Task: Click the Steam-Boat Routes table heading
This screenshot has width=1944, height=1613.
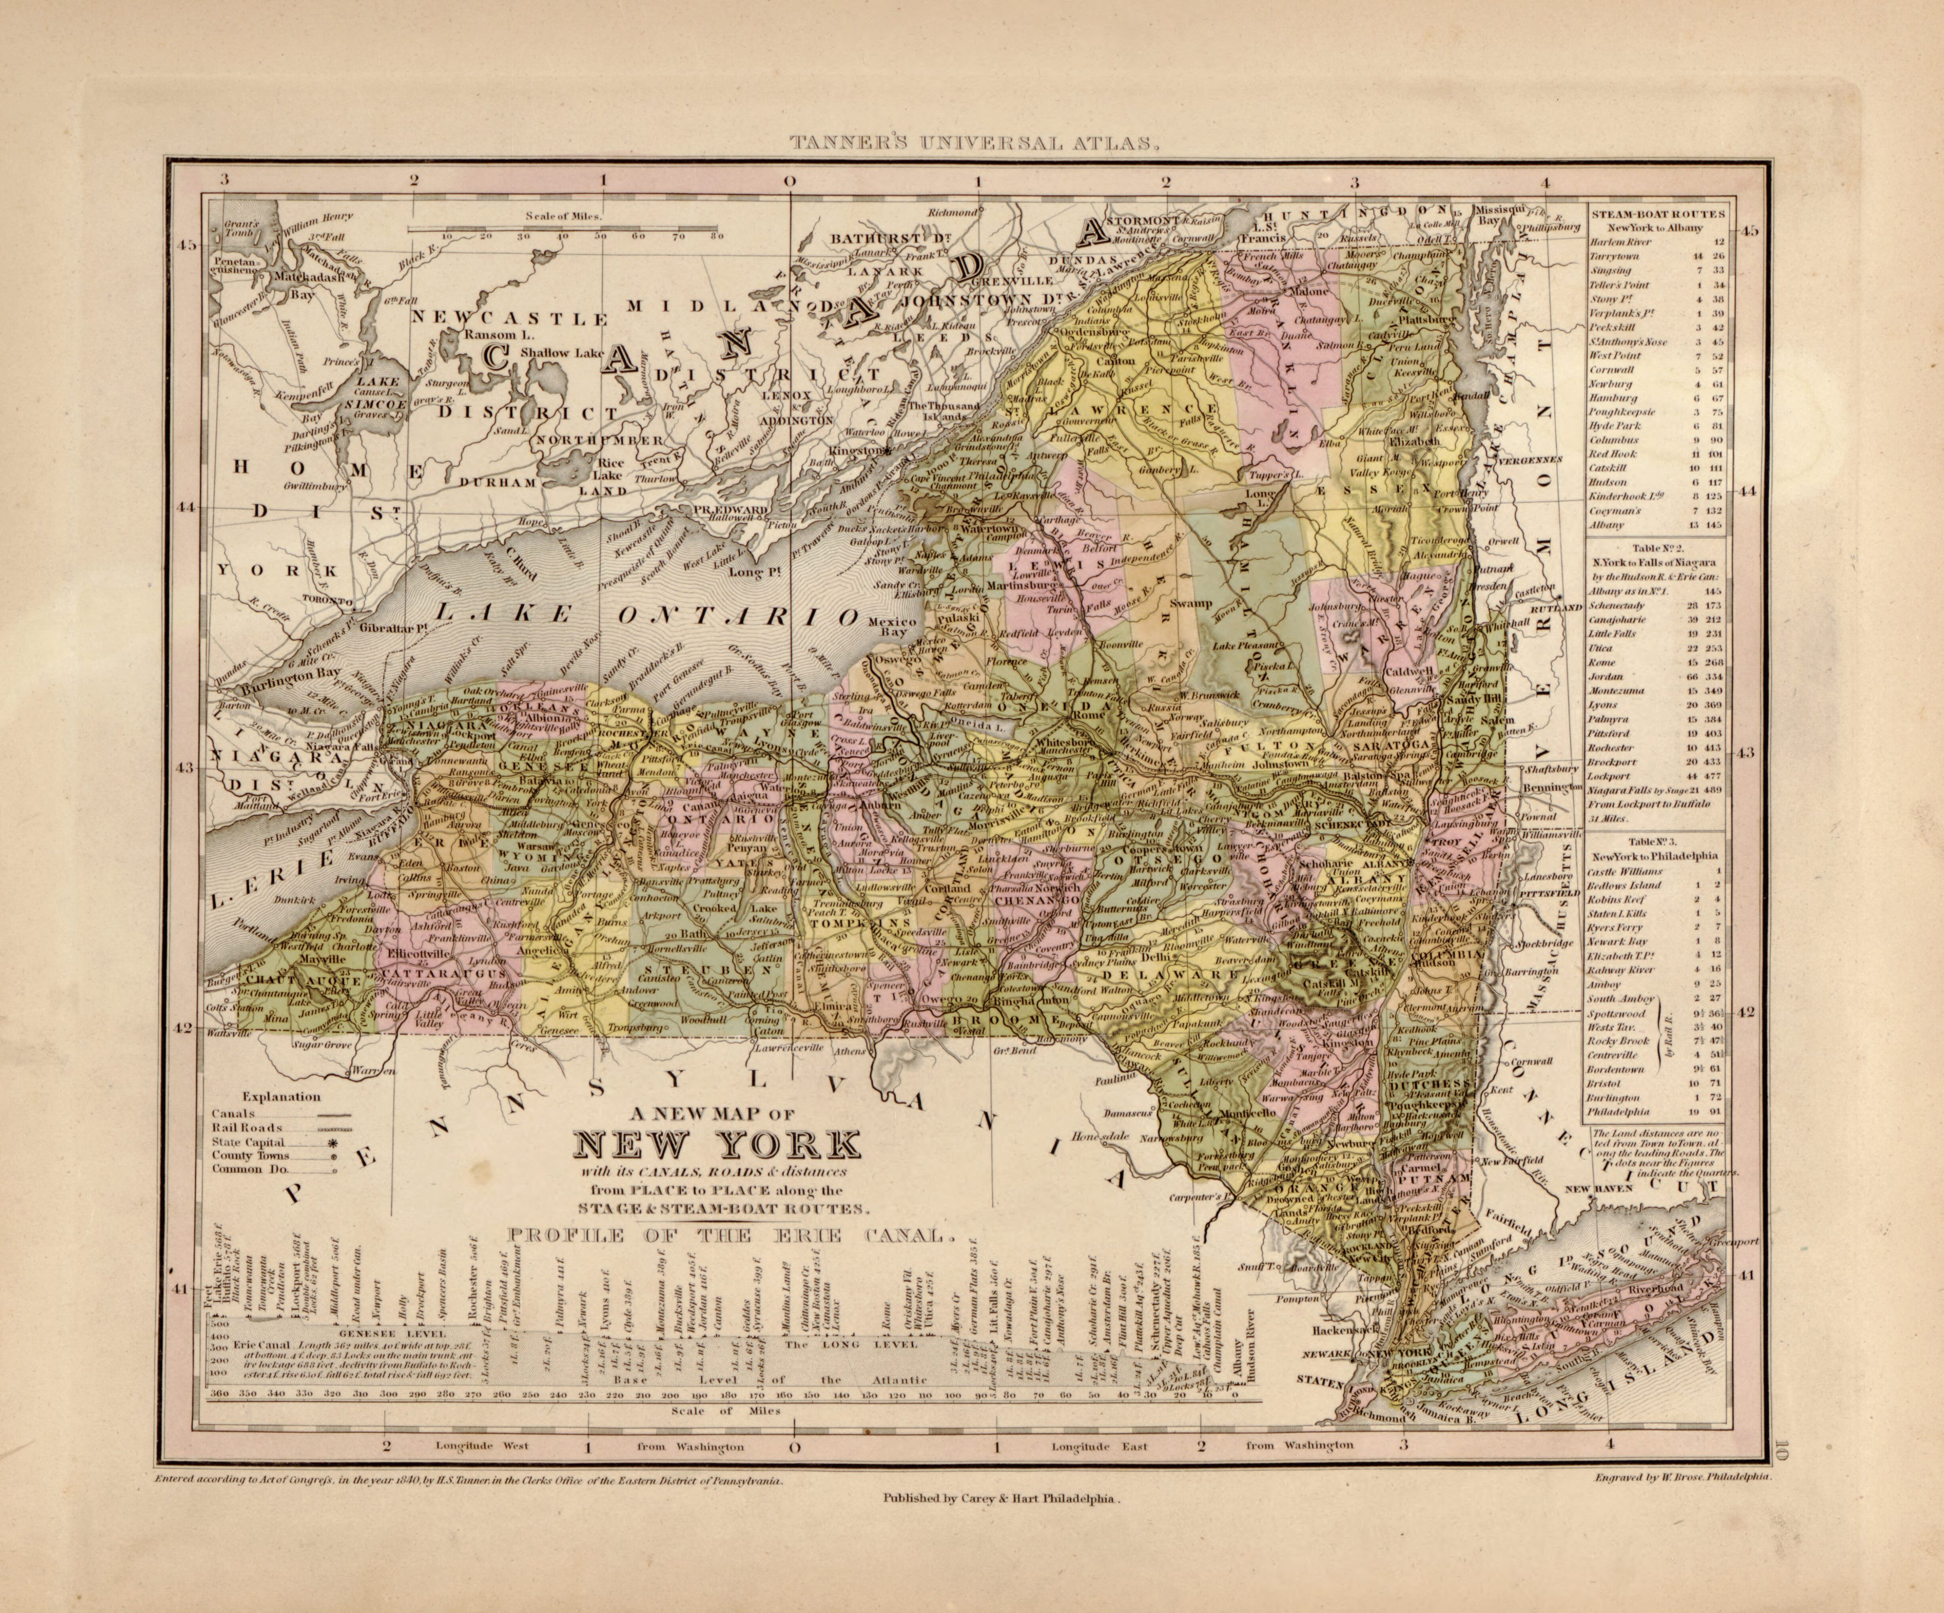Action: tap(1657, 214)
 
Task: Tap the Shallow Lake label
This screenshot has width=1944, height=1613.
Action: tap(561, 352)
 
